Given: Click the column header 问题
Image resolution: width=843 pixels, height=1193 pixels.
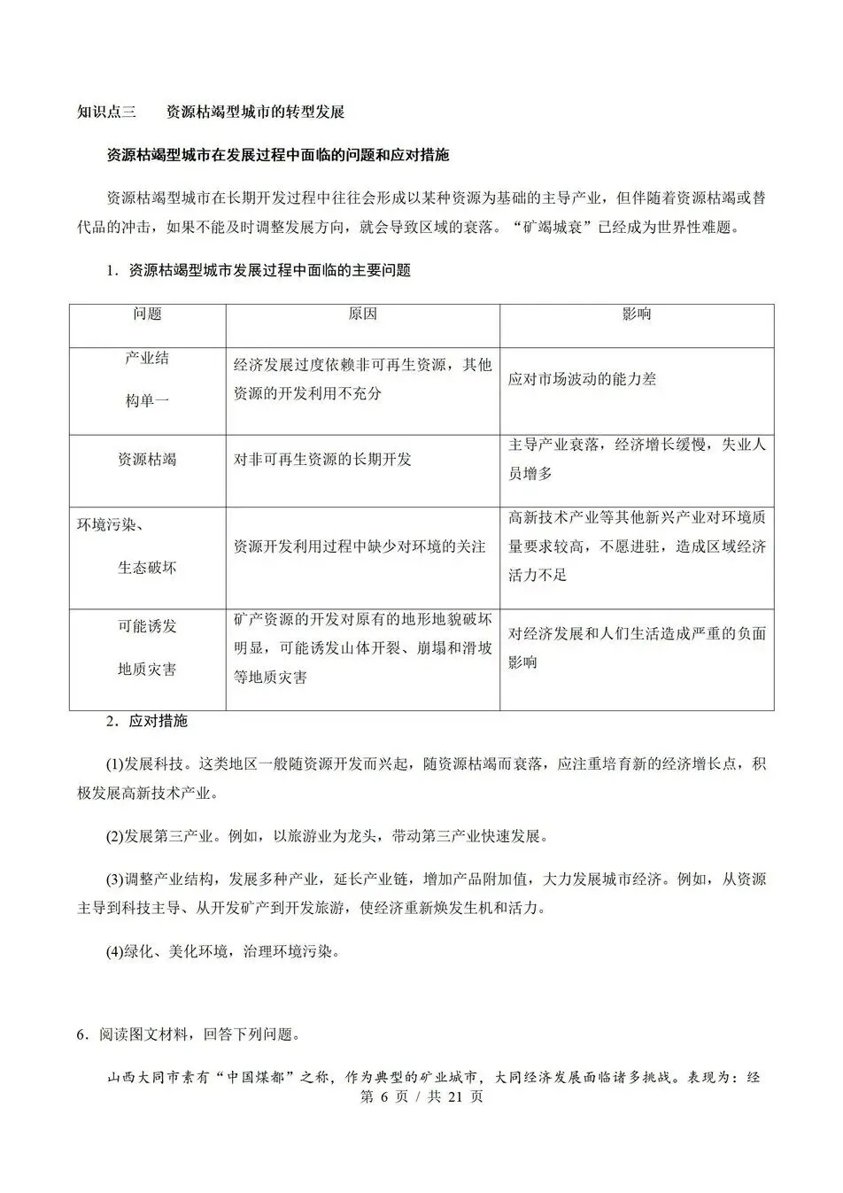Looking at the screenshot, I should pos(147,314).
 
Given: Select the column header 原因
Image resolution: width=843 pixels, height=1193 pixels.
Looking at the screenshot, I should pos(362,314).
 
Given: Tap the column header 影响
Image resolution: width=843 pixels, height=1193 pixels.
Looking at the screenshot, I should pos(637,314).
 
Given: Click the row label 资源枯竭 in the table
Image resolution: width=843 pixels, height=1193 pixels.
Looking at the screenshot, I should pos(147,460).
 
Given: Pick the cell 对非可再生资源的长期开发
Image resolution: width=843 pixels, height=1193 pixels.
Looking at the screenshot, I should pos(322,460).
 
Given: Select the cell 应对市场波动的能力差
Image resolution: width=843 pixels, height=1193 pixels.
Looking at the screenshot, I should pos(582,379).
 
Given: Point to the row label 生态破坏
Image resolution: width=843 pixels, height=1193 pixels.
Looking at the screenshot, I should pos(147,568).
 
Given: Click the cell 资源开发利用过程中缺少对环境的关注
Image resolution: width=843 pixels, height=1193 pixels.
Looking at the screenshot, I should pos(360,546).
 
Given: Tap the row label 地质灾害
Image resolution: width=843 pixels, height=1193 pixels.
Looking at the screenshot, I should pos(147,669).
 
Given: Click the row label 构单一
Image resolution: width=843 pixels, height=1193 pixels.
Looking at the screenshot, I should pos(147,400).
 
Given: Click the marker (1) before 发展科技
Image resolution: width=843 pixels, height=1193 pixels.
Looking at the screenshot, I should pos(115,763).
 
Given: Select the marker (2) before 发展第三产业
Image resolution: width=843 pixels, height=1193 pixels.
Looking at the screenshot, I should pos(115,835).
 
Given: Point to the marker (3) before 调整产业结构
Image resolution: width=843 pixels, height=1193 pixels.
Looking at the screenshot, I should pos(115,879).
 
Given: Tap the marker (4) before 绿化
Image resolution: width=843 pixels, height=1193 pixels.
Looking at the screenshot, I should pos(115,952).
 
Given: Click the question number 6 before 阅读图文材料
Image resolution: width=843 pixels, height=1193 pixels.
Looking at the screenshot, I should pos(81,1034).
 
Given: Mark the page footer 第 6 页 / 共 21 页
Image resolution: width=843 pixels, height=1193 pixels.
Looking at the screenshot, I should pos(421,1096).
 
